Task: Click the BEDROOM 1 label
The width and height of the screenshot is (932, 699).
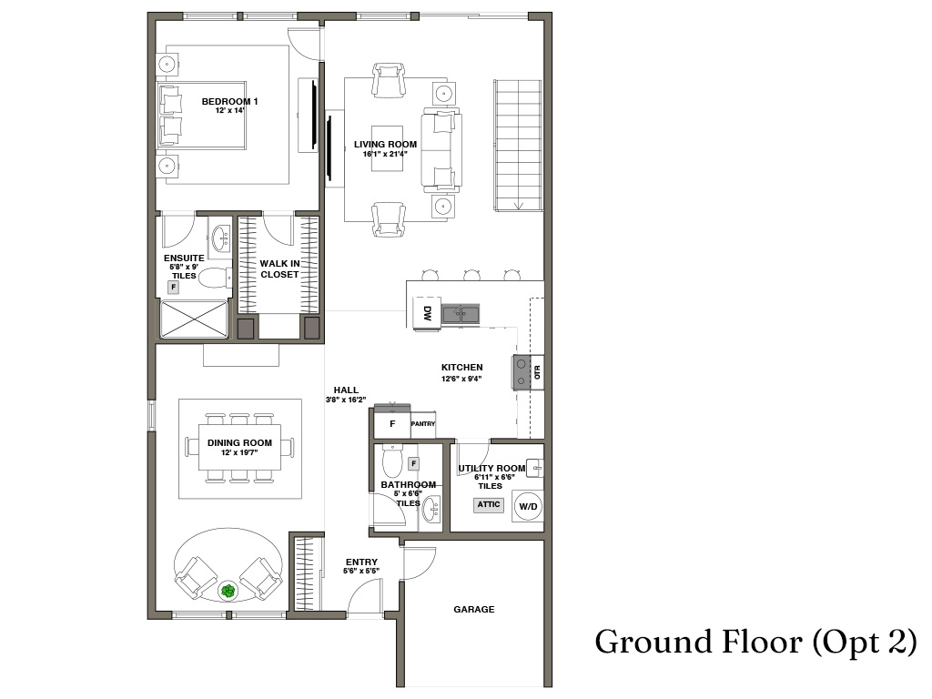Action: [229, 102]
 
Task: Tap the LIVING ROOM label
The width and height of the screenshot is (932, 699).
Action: [385, 145]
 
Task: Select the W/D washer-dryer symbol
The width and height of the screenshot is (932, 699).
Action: [528, 506]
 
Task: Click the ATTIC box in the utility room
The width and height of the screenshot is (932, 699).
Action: [489, 504]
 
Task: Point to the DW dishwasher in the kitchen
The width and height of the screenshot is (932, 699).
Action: [428, 313]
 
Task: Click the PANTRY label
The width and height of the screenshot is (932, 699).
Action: [423, 424]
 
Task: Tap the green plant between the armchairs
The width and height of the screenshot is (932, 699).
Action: [228, 591]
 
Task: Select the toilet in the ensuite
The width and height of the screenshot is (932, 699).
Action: [214, 278]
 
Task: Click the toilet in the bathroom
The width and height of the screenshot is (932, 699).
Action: [393, 460]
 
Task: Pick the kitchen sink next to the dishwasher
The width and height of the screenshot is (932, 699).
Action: [461, 313]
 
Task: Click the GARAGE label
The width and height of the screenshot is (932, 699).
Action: [473, 609]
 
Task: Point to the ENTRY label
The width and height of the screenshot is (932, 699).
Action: [361, 562]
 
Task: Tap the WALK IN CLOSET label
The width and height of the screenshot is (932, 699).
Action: [279, 268]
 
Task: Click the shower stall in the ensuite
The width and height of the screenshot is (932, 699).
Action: [194, 319]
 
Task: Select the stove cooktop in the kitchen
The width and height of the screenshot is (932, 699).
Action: [522, 372]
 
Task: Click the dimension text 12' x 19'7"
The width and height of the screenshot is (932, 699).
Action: [239, 452]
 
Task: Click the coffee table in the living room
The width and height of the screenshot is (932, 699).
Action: [387, 148]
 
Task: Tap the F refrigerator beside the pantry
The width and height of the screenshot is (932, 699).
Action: [392, 424]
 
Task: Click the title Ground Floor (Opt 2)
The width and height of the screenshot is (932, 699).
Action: [756, 643]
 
